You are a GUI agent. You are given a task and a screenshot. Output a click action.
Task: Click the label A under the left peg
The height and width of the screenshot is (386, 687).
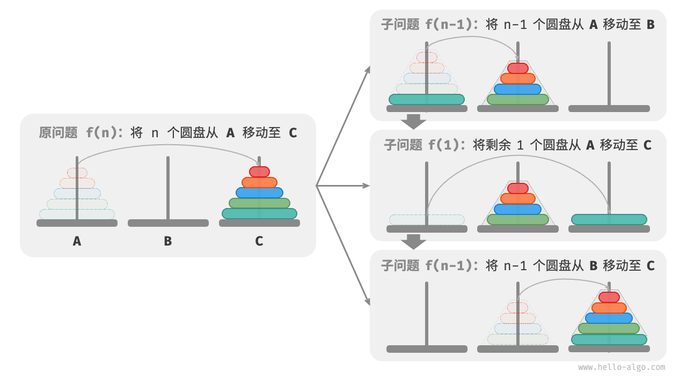[77, 241]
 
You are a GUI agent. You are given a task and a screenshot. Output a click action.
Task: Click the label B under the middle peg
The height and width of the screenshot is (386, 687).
[168, 241]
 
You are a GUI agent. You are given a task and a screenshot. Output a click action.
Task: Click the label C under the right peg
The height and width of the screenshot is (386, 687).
[259, 241]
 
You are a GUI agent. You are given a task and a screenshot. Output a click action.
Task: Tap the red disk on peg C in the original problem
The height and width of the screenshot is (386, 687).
[259, 172]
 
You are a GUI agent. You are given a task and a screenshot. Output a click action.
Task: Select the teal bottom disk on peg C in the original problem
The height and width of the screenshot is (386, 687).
[259, 213]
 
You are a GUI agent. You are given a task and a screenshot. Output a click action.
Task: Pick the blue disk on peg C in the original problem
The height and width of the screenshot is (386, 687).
[259, 192]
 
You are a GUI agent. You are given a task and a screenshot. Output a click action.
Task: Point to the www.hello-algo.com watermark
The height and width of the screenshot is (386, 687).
[622, 367]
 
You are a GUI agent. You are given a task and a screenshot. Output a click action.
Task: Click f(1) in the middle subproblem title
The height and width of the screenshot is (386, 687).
[444, 145]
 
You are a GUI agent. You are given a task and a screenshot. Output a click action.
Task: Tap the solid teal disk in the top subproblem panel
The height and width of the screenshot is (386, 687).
[427, 99]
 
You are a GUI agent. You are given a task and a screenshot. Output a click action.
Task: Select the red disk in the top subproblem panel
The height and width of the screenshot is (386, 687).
[518, 68]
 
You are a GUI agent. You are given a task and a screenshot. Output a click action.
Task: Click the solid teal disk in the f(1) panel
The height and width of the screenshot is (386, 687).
[609, 219]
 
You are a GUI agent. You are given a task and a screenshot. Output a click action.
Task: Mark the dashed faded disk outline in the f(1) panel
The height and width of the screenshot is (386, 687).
[427, 219]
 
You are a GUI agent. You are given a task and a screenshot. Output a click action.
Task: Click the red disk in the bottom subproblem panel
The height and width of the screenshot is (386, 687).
[609, 297]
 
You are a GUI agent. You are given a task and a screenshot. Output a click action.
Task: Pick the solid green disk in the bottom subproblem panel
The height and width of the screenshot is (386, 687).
[609, 329]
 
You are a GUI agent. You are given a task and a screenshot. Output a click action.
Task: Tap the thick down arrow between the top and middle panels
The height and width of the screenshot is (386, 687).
[413, 122]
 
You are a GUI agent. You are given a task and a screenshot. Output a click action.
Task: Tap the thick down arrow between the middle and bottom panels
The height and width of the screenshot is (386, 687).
[413, 242]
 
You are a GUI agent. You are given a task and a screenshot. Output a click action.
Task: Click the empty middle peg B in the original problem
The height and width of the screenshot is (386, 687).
[168, 188]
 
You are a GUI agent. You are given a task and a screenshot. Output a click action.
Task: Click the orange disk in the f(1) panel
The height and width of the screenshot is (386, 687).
[518, 198]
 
